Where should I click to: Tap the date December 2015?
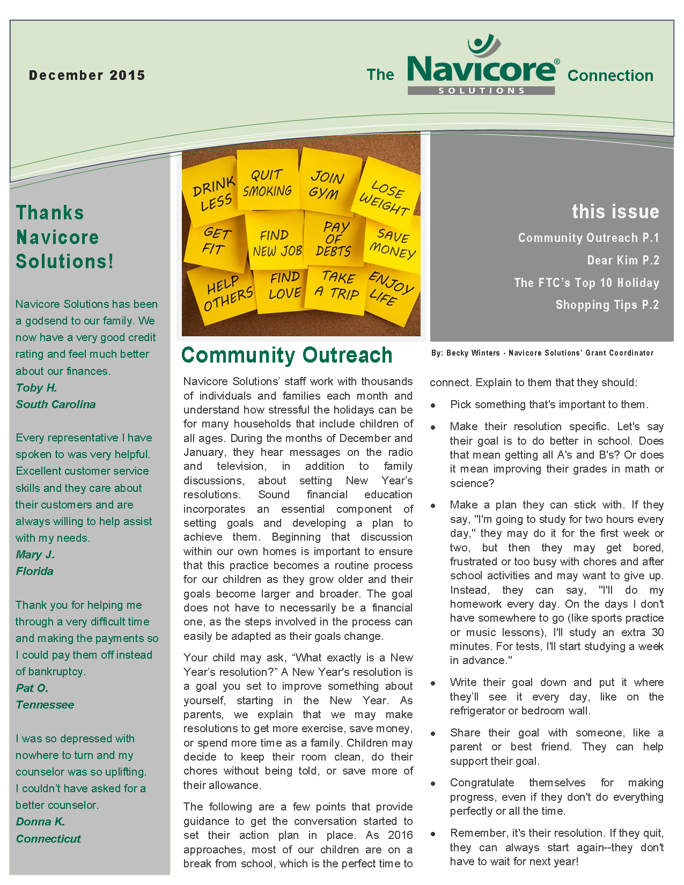[87, 76]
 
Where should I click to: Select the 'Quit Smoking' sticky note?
[267, 183]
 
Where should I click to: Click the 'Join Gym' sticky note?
[326, 185]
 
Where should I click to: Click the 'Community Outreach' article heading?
[287, 355]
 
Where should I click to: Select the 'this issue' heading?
[615, 212]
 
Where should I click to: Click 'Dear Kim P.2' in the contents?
[623, 261]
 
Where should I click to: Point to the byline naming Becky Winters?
[542, 353]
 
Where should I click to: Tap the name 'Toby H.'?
[36, 388]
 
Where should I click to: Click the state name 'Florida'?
[35, 571]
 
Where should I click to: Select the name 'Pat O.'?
[32, 688]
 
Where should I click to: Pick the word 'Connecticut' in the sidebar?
[48, 839]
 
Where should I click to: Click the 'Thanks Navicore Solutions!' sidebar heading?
[64, 237]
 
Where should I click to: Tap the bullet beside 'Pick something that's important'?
[433, 405]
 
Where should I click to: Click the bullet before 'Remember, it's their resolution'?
[433, 834]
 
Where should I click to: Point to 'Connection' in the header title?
[610, 76]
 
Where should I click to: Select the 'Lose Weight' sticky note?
[385, 197]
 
